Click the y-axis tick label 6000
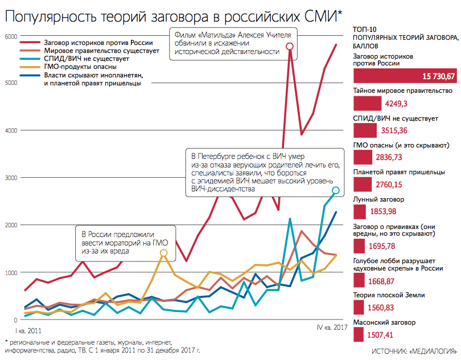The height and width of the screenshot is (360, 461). click(x=11, y=36)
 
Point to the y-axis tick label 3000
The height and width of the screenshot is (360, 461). click(x=11, y=178)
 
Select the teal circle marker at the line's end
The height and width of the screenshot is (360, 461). click(x=336, y=190)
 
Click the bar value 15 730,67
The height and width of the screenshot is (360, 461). click(x=438, y=76)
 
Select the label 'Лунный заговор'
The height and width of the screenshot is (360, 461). click(x=378, y=200)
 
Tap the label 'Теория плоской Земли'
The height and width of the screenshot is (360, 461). click(x=389, y=296)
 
